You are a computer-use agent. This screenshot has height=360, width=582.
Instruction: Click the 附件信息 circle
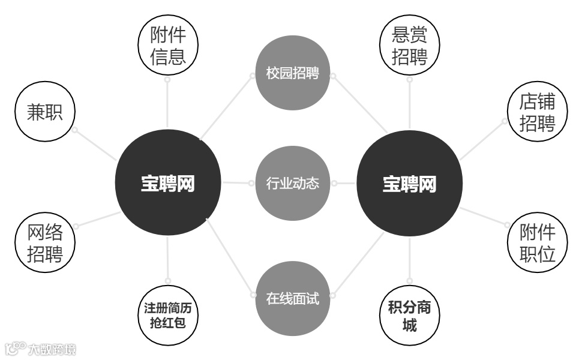click(167, 45)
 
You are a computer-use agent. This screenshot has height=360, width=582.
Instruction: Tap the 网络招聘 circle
click(45, 242)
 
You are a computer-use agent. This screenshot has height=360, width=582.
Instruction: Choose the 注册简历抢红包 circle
click(168, 315)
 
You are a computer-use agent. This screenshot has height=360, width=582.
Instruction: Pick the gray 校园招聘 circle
click(293, 74)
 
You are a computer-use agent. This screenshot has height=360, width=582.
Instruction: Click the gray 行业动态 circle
click(293, 183)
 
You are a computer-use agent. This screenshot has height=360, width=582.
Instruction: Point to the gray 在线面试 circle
click(293, 298)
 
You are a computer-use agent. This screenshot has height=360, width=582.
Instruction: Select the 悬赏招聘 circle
click(410, 45)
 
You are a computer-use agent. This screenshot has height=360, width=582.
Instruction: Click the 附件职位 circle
click(537, 242)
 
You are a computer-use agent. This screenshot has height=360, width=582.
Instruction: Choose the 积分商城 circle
click(410, 317)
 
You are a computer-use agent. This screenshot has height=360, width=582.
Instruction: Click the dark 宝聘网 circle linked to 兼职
click(168, 184)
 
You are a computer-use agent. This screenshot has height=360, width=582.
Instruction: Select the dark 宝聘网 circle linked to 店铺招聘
click(410, 184)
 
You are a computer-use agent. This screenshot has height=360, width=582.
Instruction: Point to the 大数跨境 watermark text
click(55, 349)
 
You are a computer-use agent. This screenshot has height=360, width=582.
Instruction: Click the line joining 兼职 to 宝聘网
click(96, 145)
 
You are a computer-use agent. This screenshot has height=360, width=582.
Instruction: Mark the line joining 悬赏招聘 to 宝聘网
click(410, 105)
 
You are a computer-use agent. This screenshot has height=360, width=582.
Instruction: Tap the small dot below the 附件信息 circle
click(167, 79)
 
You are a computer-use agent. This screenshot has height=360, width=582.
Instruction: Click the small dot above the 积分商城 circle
click(410, 281)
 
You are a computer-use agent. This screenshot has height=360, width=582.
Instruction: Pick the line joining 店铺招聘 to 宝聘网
click(483, 140)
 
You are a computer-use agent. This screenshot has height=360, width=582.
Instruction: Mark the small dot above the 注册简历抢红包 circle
click(168, 280)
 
